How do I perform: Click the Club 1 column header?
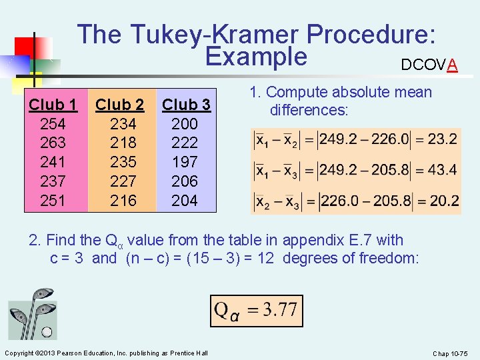pyautogui.click(x=53, y=105)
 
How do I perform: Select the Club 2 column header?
pyautogui.click(x=120, y=105)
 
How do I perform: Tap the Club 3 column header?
pyautogui.click(x=187, y=105)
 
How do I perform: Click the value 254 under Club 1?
pyautogui.click(x=53, y=123)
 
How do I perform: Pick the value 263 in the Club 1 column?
pyautogui.click(x=53, y=143)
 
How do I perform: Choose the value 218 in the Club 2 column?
pyautogui.click(x=123, y=143)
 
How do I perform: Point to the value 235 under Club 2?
pyautogui.click(x=123, y=162)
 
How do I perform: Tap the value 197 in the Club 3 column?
pyautogui.click(x=185, y=162)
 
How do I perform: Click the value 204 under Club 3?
pyautogui.click(x=185, y=200)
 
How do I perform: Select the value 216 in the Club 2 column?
pyautogui.click(x=123, y=200)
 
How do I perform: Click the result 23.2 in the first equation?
pyautogui.click(x=442, y=139)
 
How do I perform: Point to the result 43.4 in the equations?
pyautogui.click(x=442, y=169)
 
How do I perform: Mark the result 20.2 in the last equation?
pyautogui.click(x=442, y=200)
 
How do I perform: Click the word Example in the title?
pyautogui.click(x=256, y=57)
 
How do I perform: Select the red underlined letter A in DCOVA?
pyautogui.click(x=453, y=65)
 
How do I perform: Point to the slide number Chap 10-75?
pyautogui.click(x=451, y=353)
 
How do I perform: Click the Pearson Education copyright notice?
pyautogui.click(x=106, y=353)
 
